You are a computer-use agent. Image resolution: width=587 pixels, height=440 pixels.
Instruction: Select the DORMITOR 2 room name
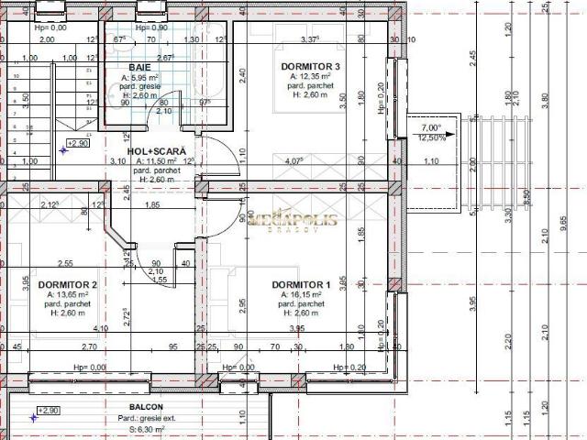pyautogui.click(x=67, y=284)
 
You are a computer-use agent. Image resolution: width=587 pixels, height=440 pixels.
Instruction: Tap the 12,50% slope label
pyautogui.click(x=431, y=138)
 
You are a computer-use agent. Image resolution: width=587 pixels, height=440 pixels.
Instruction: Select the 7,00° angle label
pyautogui.click(x=430, y=128)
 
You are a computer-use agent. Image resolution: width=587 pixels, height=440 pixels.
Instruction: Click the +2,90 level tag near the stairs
pyautogui.click(x=77, y=143)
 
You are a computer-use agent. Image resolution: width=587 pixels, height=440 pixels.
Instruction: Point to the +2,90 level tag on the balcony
pyautogui.click(x=48, y=411)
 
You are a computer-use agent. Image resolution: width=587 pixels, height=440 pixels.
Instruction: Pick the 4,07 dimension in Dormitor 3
pyautogui.click(x=293, y=161)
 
